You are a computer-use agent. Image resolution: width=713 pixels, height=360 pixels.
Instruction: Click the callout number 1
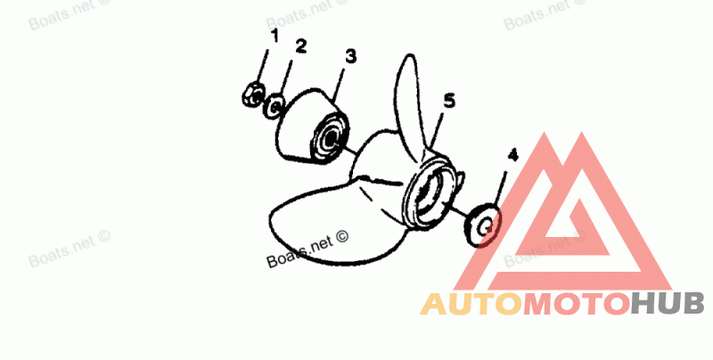point(275,36)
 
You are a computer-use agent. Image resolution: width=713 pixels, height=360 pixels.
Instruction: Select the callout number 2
point(301,45)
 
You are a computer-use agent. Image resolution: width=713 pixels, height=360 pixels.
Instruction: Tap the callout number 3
point(350,56)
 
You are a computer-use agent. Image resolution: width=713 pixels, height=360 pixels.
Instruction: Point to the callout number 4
point(511,155)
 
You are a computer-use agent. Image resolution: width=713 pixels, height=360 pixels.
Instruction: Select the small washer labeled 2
point(275,108)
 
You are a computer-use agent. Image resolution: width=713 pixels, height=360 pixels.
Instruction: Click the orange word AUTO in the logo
point(471,305)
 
